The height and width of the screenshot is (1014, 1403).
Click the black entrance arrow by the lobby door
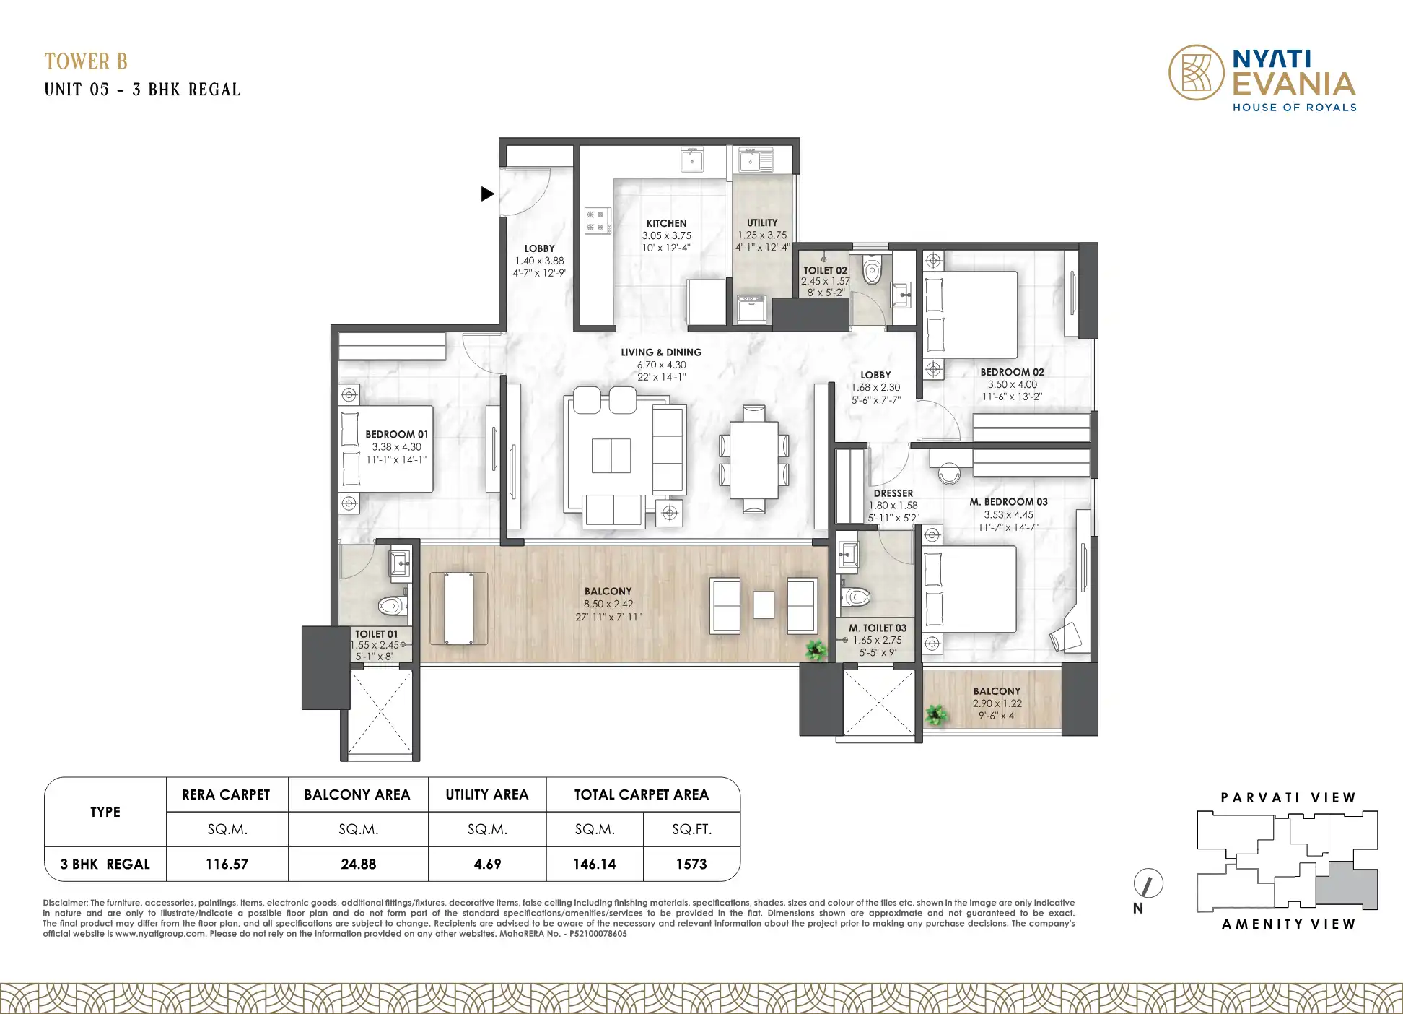pos(487,194)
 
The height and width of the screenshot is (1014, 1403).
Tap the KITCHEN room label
pos(666,223)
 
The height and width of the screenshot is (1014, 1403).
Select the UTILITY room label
pos(762,222)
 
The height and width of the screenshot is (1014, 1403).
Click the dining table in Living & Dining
pos(753,459)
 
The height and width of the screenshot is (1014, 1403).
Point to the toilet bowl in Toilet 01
pos(392,604)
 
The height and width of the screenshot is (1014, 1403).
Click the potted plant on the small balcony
pos(935,715)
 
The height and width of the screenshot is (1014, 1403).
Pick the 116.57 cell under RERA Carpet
pos(227,864)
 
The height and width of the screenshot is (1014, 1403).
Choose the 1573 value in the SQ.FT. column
pos(691,864)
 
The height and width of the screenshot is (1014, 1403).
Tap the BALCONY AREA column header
pos(357,794)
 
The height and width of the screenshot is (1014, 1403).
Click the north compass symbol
pos(1148,883)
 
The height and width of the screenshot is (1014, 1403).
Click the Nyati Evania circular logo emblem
pos(1196,73)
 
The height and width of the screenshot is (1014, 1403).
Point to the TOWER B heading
pos(86,61)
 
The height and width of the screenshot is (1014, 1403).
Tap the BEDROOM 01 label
pos(396,434)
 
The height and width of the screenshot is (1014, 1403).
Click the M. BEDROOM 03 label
pos(1008,501)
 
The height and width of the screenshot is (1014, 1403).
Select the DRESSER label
pos(893,493)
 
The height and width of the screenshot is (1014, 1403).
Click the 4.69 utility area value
pos(487,864)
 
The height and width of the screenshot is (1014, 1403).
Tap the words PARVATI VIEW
pos(1288,797)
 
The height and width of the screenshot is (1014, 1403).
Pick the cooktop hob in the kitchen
pos(598,220)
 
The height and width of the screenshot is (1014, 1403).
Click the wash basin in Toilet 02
pos(901,294)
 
